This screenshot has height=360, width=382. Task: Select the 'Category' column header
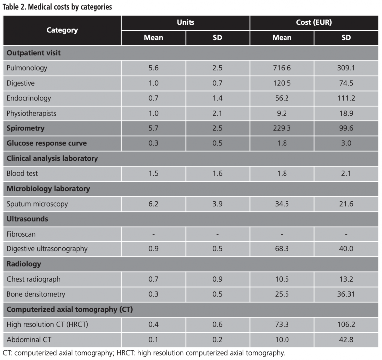62,30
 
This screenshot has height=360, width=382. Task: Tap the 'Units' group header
186,23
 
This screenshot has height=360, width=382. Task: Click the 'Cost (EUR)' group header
314,23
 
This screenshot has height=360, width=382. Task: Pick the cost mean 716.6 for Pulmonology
282,67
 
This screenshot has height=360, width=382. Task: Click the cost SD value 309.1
346,67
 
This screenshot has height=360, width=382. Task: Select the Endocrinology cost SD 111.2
346,98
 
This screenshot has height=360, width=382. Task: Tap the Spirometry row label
26,128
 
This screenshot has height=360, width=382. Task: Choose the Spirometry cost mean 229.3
282,128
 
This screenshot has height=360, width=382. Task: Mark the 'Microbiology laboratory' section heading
48,189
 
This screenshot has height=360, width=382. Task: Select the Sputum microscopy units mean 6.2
153,204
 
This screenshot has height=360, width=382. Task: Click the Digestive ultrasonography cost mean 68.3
282,249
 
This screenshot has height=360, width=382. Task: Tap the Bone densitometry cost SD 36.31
346,295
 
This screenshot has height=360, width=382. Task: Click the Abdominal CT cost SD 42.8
346,340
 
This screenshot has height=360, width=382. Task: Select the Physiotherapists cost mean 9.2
282,113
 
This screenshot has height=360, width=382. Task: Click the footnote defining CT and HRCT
143,353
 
